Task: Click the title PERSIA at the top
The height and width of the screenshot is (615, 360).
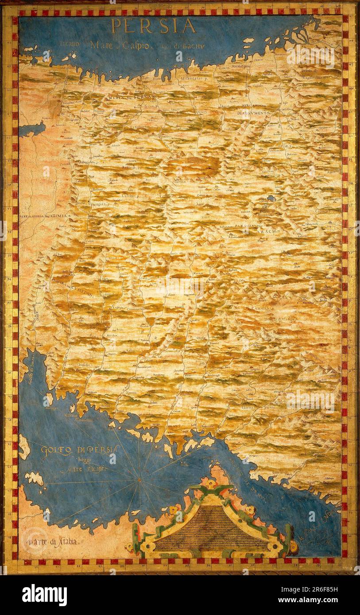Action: point(153,26)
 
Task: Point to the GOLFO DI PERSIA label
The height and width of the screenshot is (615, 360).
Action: point(80,450)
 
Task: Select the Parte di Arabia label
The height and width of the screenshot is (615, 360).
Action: point(53,541)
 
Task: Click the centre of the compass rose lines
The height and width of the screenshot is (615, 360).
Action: point(139,479)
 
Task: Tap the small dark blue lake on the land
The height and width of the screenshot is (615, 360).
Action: point(271,199)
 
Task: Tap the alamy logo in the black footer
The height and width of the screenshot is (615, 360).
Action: point(44,595)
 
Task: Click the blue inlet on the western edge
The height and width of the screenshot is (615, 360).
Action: point(31,129)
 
